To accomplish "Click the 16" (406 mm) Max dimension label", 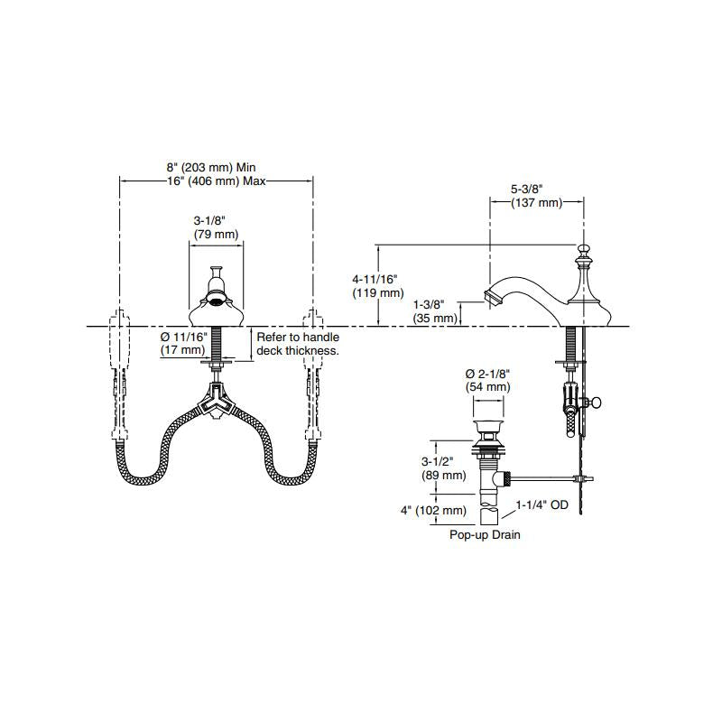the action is pyautogui.click(x=217, y=181).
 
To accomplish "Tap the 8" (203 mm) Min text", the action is pyautogui.click(x=211, y=167).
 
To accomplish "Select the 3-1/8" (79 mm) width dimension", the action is pyautogui.click(x=216, y=227).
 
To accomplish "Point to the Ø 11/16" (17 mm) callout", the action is pyautogui.click(x=183, y=344).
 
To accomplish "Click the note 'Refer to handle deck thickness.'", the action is pyautogui.click(x=298, y=344).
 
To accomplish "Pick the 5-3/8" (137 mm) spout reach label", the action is pyautogui.click(x=537, y=196).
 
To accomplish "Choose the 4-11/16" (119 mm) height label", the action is pyautogui.click(x=378, y=286).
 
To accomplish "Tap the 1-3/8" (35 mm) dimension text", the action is pyautogui.click(x=435, y=311).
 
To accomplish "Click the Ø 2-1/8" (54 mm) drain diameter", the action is pyautogui.click(x=487, y=380).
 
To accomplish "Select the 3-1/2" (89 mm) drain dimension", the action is pyautogui.click(x=443, y=468).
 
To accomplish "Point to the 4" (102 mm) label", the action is pyautogui.click(x=433, y=510).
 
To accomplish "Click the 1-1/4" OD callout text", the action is pyautogui.click(x=542, y=505).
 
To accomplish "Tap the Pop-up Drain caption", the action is pyautogui.click(x=485, y=534).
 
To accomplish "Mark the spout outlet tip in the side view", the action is pyautogui.click(x=491, y=297).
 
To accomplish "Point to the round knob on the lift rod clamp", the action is pyautogui.click(x=597, y=403).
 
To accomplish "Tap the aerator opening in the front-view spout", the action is pyautogui.click(x=216, y=301).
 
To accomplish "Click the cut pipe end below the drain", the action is pyautogui.click(x=488, y=516).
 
